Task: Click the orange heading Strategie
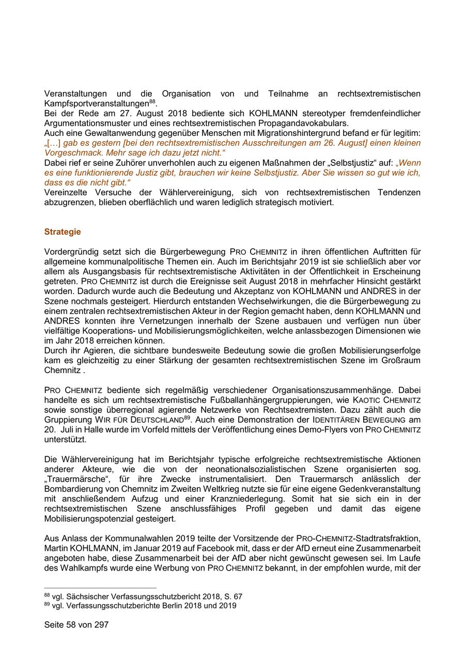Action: point(63,232)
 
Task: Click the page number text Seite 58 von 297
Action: point(76,624)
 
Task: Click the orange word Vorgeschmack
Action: point(69,153)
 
